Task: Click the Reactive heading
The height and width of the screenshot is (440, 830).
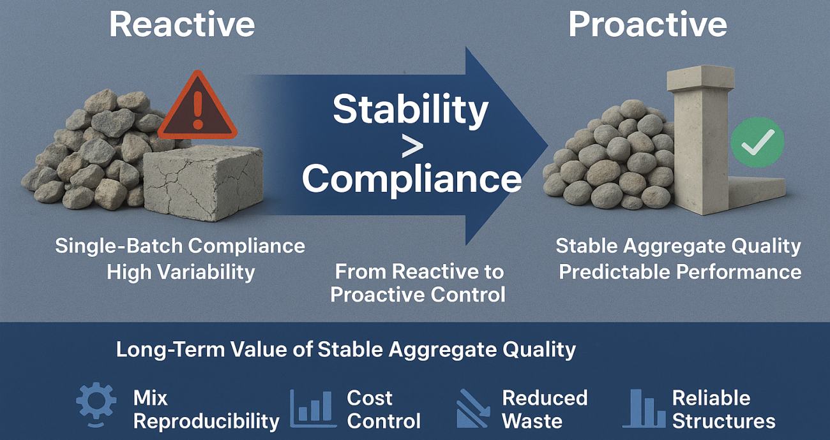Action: pyautogui.click(x=182, y=25)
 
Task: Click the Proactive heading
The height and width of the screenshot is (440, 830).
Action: pyautogui.click(x=647, y=25)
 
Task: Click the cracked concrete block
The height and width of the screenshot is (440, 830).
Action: pyautogui.click(x=202, y=182)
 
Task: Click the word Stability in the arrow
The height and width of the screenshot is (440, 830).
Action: pyautogui.click(x=411, y=109)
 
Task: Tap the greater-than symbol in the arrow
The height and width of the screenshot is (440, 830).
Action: pyautogui.click(x=412, y=146)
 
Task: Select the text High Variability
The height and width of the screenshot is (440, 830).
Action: pyautogui.click(x=181, y=272)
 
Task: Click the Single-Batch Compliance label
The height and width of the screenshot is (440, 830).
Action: pyautogui.click(x=180, y=246)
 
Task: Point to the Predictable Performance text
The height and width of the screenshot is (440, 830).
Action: pyautogui.click(x=680, y=272)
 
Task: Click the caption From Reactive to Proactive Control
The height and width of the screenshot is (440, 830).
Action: pyautogui.click(x=418, y=282)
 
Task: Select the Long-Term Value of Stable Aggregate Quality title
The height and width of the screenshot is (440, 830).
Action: pyautogui.click(x=345, y=349)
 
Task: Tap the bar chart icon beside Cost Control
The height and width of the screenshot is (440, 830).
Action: pyautogui.click(x=312, y=408)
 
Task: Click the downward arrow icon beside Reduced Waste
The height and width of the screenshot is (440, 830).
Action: pyautogui.click(x=473, y=409)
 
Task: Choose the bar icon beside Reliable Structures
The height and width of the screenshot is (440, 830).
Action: pyautogui.click(x=644, y=408)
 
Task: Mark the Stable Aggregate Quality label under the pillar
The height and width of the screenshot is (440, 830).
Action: pyautogui.click(x=678, y=246)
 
